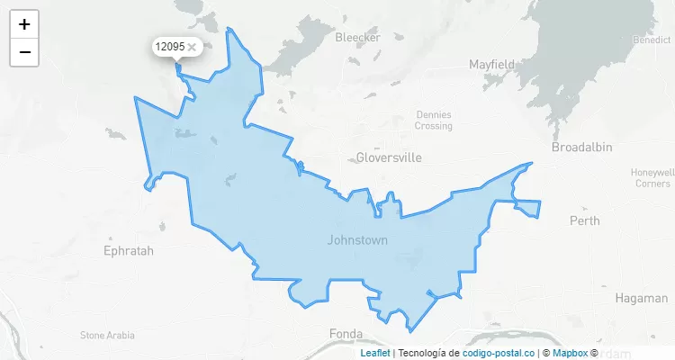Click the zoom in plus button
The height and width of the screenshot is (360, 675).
(24, 24)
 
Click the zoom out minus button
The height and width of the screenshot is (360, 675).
(24, 52)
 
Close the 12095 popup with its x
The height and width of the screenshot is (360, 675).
(192, 46)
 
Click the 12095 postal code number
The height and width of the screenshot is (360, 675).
(169, 46)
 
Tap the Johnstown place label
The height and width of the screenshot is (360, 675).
(357, 240)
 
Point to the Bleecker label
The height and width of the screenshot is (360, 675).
(357, 37)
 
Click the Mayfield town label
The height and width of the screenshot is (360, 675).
(491, 64)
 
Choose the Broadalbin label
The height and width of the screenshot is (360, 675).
(581, 146)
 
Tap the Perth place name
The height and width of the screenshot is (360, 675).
(584, 220)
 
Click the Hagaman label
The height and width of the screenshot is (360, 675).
(642, 297)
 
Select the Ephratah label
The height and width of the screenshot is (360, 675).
(130, 250)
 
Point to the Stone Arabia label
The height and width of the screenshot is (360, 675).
(107, 335)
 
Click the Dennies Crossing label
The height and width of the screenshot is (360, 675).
(434, 120)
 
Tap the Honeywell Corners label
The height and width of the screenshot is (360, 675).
(652, 177)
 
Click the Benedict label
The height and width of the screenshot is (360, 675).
(652, 40)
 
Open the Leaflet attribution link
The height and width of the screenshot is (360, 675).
(375, 353)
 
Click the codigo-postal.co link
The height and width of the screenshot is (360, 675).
(499, 353)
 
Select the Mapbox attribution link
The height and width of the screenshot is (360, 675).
(570, 353)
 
